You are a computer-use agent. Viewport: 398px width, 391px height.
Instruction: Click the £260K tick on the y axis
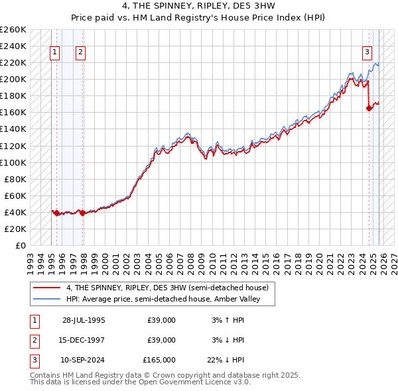[x=13, y=30]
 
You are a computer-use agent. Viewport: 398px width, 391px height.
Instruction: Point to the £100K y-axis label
[x=13, y=162]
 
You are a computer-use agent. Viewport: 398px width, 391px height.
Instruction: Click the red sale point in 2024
[x=369, y=109]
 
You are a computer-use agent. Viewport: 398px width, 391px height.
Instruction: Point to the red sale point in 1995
[x=57, y=213]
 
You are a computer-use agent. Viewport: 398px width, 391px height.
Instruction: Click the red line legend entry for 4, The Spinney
[x=166, y=288]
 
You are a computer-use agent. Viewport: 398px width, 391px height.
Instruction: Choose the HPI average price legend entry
[x=160, y=299]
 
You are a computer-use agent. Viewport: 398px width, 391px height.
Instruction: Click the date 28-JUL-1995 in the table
[x=84, y=320]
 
